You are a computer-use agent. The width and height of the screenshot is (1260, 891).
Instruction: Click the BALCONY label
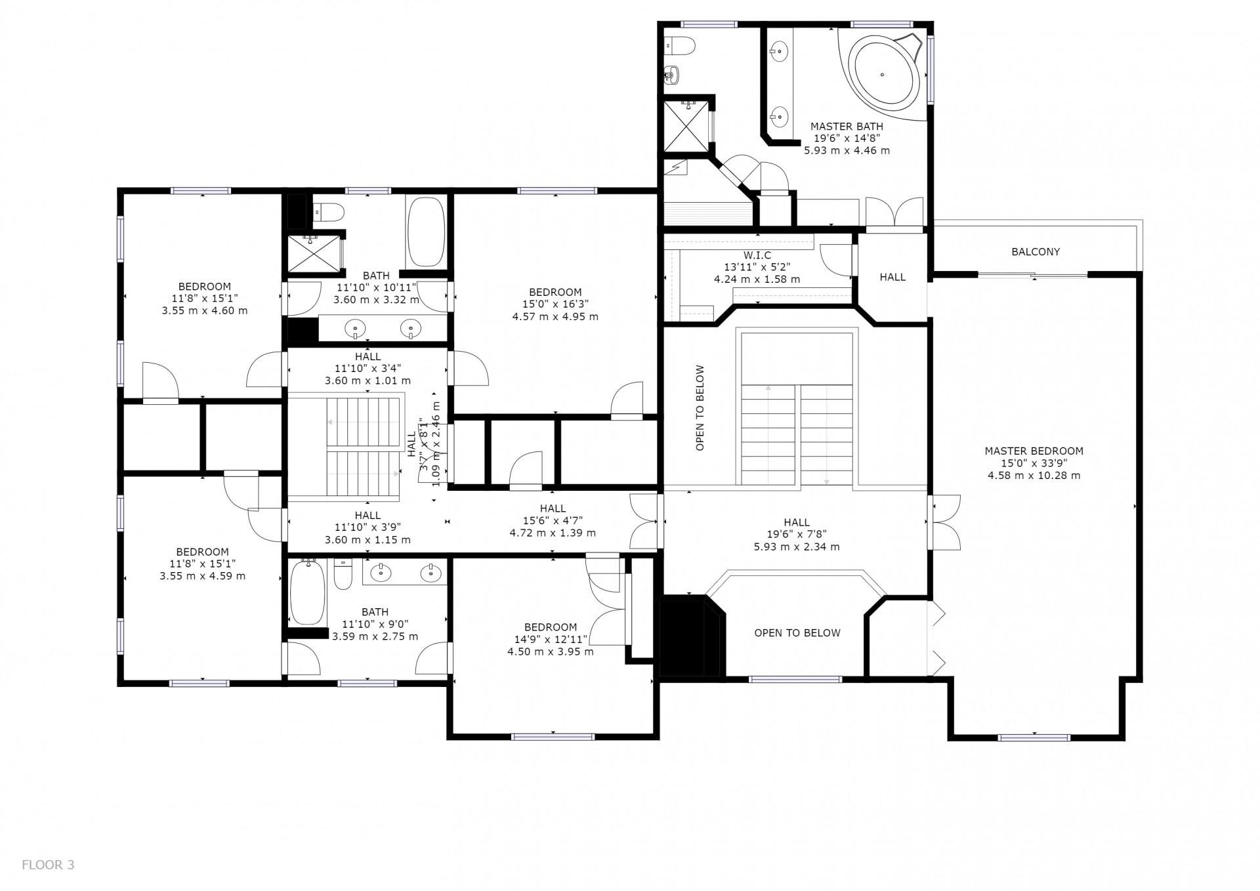pos(1036,252)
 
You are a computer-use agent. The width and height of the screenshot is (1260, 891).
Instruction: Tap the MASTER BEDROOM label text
pos(1034,451)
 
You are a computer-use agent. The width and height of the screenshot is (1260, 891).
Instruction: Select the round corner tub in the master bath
pos(885,74)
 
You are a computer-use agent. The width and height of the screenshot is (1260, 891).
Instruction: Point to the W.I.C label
pos(757,255)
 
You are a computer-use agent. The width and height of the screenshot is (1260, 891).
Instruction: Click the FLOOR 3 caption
pos(48,865)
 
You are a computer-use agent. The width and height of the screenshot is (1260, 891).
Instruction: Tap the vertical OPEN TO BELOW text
pos(700,408)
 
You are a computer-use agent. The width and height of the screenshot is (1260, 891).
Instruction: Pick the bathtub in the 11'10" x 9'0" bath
pos(307,592)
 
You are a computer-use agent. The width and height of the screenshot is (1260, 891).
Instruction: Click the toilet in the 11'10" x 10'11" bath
pos(329,212)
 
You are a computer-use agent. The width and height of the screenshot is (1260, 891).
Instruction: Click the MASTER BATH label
pos(847,126)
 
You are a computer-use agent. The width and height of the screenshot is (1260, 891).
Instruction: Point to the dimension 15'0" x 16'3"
pos(555,304)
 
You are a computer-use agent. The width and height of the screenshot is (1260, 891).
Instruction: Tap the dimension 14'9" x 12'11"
pos(550,639)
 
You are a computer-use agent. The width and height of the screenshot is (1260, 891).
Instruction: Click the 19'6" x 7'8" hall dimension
pos(797,535)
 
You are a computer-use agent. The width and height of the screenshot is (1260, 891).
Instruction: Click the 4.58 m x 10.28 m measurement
pos(1034,476)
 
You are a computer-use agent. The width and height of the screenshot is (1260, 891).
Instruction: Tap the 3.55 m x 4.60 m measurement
pos(205,310)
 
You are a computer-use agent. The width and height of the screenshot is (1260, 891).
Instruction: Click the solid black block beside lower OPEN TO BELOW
pos(689,636)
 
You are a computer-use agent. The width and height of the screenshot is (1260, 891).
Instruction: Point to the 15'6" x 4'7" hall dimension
pos(553,520)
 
